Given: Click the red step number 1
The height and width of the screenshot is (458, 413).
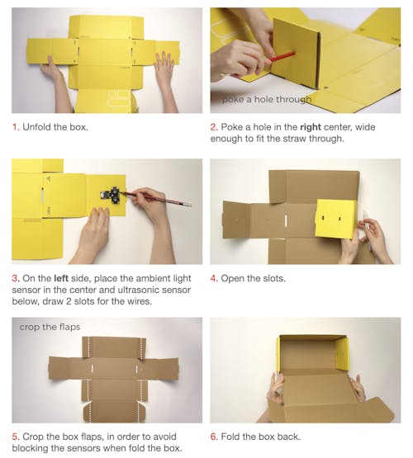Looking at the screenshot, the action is tap(16, 127).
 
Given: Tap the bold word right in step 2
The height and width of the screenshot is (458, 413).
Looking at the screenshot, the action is tap(311, 127).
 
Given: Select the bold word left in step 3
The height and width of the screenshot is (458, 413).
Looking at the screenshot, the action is tap(61, 278).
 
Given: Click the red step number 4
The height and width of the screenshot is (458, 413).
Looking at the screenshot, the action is tap(214, 278).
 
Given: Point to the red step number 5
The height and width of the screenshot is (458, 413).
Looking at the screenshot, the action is tap(16, 437).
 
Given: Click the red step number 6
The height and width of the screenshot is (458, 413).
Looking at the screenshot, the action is tap(214, 437).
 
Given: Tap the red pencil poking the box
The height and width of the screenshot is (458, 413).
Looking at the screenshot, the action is tap(282, 56).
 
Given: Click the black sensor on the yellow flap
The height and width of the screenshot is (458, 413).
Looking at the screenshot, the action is tap(111, 194).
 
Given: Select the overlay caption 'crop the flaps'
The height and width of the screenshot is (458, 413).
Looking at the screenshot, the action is tap(50, 327).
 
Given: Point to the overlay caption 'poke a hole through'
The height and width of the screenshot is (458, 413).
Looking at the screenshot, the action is tap(267, 100).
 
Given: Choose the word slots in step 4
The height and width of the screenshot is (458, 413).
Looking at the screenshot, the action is tap(274, 278).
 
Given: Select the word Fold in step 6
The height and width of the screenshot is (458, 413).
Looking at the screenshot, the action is tap(230, 437).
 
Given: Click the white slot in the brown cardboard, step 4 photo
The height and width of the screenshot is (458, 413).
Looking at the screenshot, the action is tap(286, 221).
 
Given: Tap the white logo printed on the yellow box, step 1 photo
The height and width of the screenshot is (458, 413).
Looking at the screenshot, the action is tap(119, 98).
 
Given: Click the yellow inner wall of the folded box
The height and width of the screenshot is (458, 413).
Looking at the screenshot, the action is tap(343, 354).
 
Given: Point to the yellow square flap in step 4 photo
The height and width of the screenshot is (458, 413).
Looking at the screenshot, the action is tap(337, 219).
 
